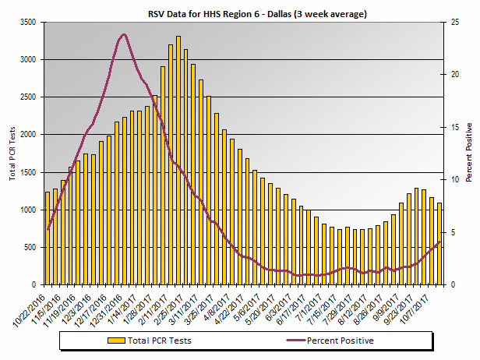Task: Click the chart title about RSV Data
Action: pyautogui.click(x=248, y=14)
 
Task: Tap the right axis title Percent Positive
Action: pyautogui.click(x=468, y=153)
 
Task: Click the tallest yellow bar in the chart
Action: pyautogui.click(x=178, y=161)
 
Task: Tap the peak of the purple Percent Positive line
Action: pyautogui.click(x=124, y=35)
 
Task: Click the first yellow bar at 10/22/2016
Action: pyautogui.click(x=48, y=238)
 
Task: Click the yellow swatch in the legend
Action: pyautogui.click(x=115, y=341)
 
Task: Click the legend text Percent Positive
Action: pyautogui.click(x=340, y=341)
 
